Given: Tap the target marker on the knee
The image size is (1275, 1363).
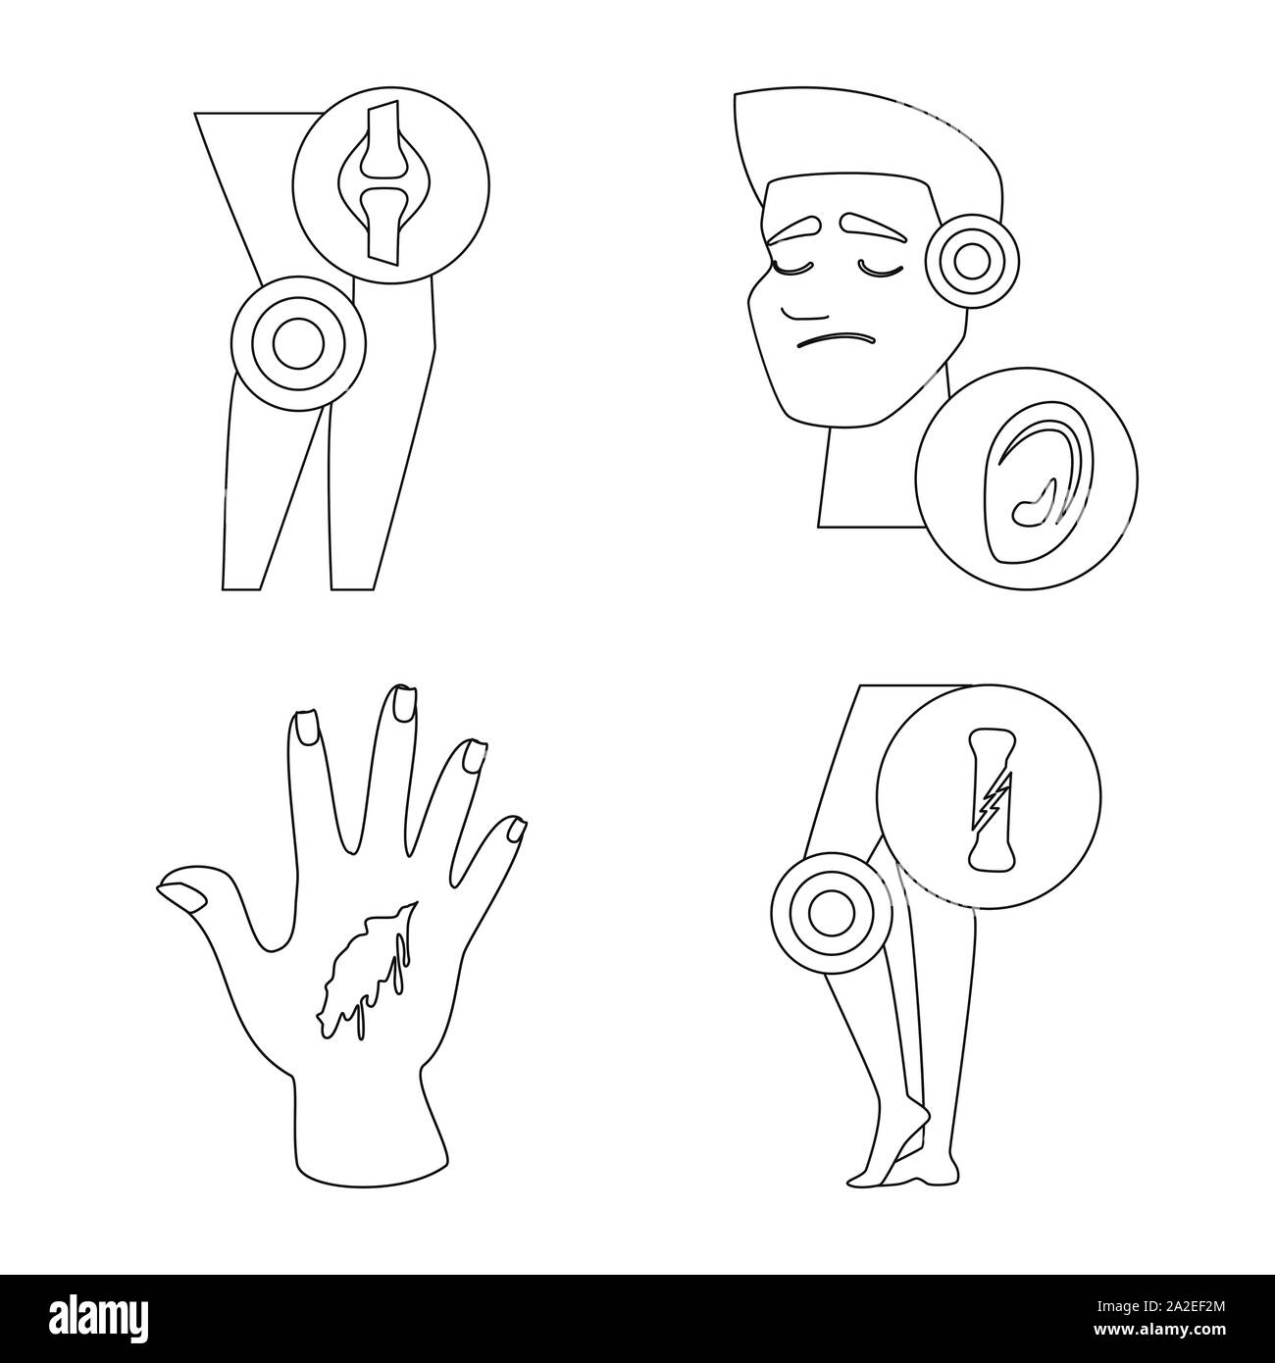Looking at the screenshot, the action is (298, 343).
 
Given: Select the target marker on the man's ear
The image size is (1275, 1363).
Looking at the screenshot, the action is (972, 262).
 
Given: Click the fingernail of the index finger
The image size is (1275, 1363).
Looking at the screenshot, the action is (304, 729).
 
